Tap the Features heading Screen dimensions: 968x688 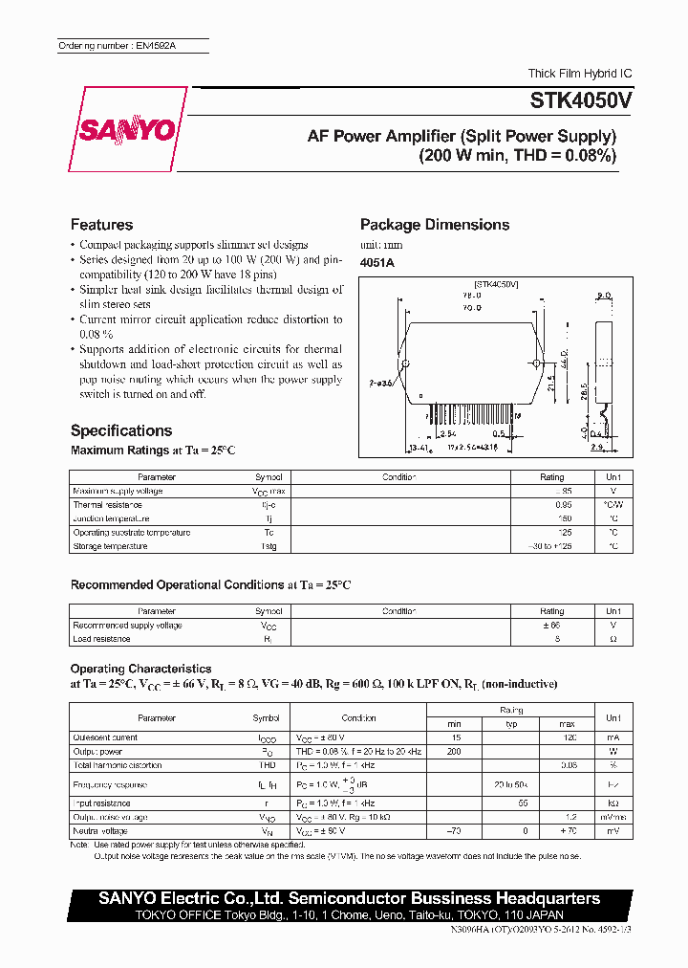(101, 225)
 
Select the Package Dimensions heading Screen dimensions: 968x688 (434, 225)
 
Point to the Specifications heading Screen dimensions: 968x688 (121, 430)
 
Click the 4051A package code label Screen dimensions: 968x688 (376, 262)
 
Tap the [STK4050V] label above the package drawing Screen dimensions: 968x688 (496, 285)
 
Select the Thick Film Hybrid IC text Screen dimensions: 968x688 (580, 74)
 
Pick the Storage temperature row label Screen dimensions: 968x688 (110, 546)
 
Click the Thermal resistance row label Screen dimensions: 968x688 (107, 504)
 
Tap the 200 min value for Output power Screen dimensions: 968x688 (454, 752)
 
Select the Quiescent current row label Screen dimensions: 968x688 (105, 737)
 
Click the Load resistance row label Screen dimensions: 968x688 (101, 639)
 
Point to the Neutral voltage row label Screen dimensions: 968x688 (101, 831)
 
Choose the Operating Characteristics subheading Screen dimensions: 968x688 (140, 669)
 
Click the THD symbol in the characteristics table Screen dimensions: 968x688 (267, 765)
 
